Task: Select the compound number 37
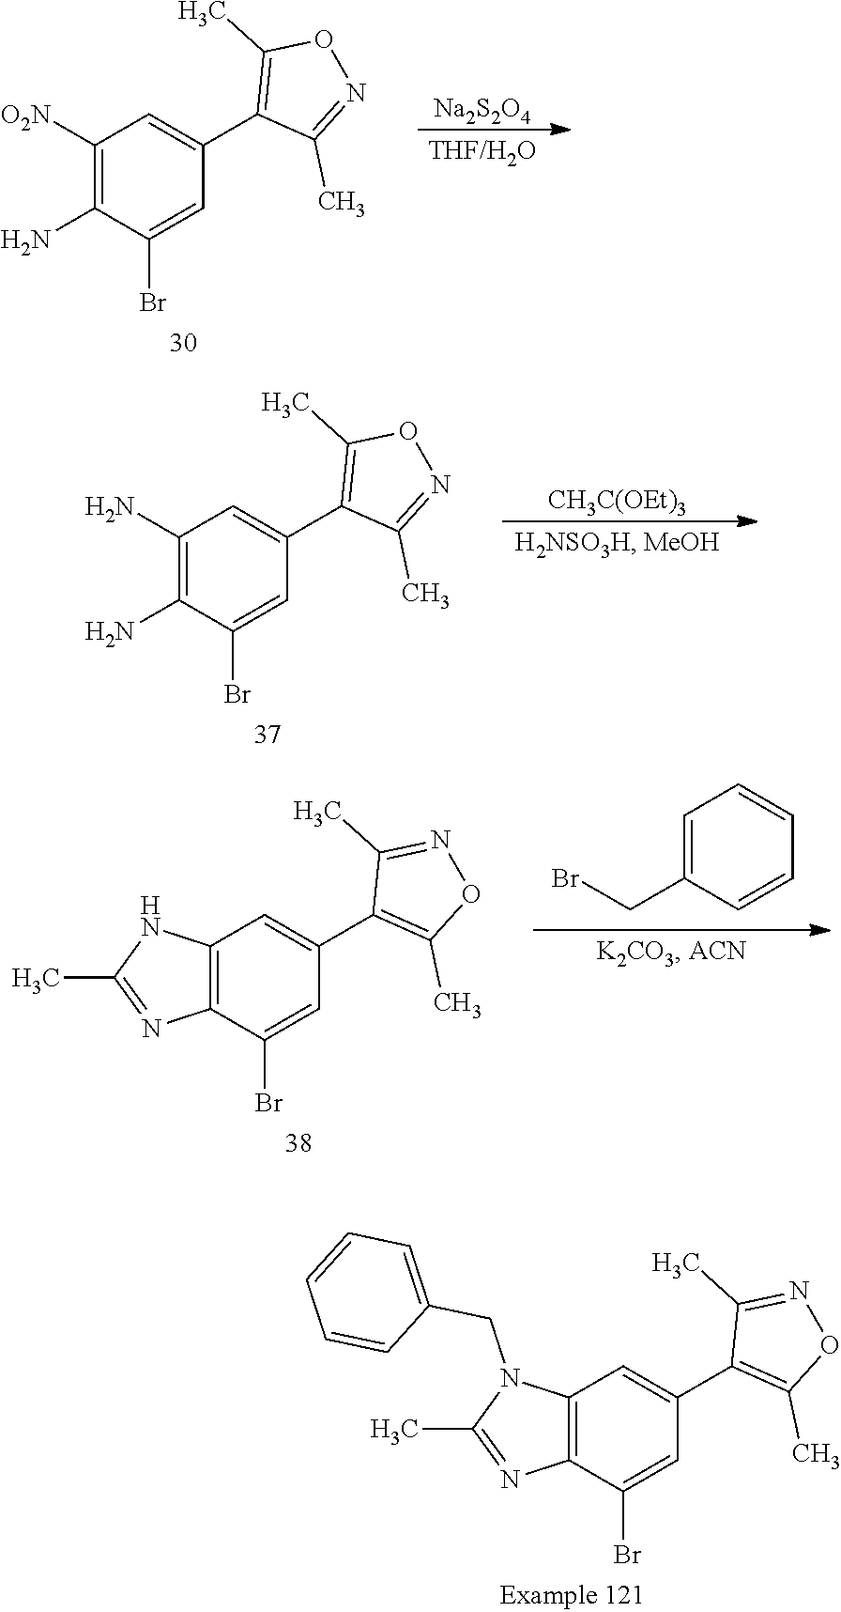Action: point(268,734)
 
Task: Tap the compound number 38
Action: point(298,1143)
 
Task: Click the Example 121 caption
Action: point(572,1594)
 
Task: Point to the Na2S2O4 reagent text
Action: point(482,113)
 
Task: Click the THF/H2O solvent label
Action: point(482,150)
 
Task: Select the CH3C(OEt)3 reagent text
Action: point(617,503)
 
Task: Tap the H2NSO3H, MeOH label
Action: point(617,542)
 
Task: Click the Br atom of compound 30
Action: point(153,302)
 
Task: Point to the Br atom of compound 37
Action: point(237,694)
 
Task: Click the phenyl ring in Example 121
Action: point(373,1293)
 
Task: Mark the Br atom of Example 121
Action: point(627,1555)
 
